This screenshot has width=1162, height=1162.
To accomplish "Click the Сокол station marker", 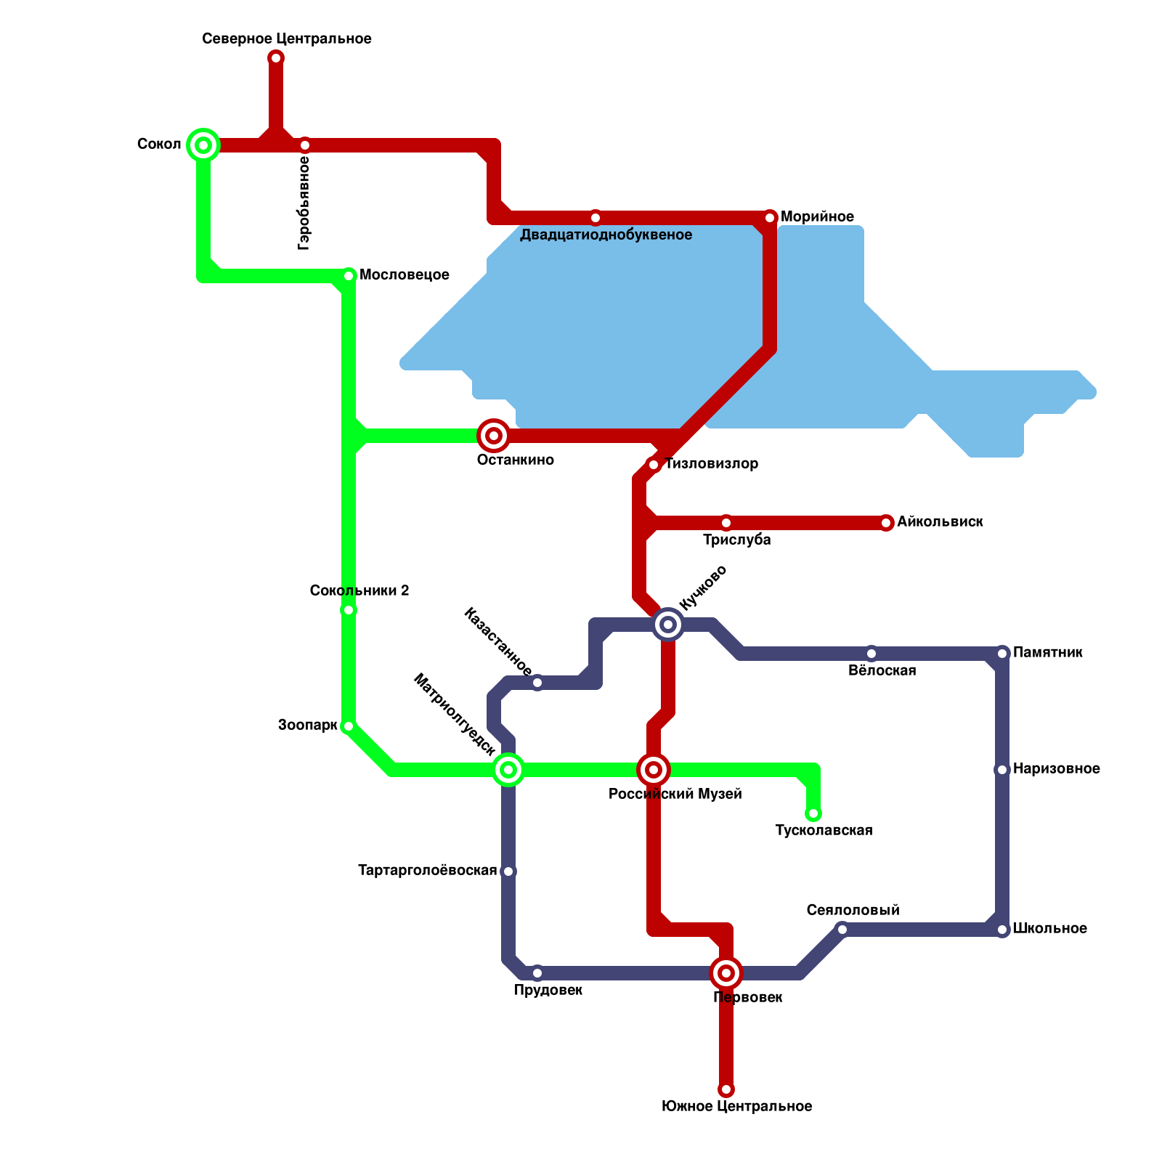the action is pos(203,145).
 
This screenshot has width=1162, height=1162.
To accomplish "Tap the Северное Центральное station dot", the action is pos(276,58).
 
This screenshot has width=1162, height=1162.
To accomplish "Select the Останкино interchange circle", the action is pos(494,436).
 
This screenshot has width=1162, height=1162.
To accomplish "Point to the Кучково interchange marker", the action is pos(668,625).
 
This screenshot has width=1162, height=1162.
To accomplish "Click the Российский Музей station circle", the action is pos(654,770).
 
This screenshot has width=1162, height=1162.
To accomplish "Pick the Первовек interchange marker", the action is pos(726,973).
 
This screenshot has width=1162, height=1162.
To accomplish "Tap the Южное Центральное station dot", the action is pos(726,1089).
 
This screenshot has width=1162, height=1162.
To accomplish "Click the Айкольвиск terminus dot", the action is pos(886,523).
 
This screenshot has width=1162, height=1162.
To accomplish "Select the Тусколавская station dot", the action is pos(813,813).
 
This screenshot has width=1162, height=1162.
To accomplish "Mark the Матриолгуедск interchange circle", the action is pos(508,770).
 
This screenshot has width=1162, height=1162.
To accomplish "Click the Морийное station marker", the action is pos(770,218).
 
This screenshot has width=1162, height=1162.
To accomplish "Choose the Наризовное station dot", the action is pos(1002,770).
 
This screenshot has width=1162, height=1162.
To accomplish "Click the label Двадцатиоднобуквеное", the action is pos(606,235).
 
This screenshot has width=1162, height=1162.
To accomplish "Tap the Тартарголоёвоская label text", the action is pos(427,871).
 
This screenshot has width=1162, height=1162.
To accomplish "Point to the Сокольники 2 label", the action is pos(359,591).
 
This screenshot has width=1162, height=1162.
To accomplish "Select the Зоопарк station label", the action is pos(307,726).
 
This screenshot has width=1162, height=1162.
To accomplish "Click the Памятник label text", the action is pos(1048,653).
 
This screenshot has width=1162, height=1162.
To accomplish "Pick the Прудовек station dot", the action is pos(537,973).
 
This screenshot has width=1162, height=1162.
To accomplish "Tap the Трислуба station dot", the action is pos(726,523).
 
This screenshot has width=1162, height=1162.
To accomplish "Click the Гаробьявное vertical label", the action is pos(304,203).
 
